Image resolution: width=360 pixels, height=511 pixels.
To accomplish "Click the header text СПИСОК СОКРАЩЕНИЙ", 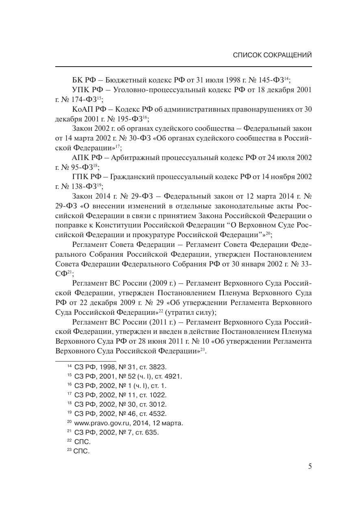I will pos(272,55).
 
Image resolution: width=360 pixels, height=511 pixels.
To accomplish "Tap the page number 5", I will pos(310,466).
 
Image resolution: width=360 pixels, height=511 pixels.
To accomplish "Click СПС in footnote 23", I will pos(81,451).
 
